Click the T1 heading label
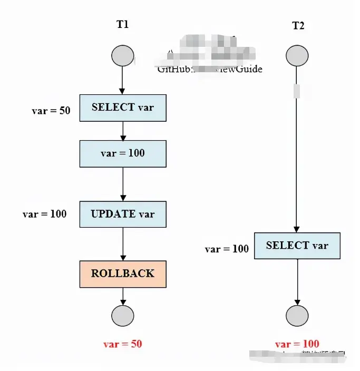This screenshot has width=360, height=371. point(122,24)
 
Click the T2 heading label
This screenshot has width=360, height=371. point(298,26)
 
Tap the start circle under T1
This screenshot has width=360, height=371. point(123,55)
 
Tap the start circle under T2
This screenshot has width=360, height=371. point(297,55)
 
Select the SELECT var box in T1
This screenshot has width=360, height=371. point(123,108)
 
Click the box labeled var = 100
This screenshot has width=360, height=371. point(123,153)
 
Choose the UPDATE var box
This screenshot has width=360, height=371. point(123,214)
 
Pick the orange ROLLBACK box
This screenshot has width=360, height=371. point(123,274)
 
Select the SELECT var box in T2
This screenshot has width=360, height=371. point(297,246)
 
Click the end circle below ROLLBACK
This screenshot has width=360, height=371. point(123,316)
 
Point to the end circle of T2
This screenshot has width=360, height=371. point(297,316)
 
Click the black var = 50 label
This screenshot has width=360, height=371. point(51,111)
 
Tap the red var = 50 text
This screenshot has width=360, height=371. point(122,344)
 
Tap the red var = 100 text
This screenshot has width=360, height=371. point(297,344)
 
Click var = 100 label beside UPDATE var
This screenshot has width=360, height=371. point(44,214)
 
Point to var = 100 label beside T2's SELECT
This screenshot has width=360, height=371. point(227,249)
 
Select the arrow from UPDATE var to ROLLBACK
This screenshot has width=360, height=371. point(123,244)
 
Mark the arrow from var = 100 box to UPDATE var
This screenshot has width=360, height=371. point(123,184)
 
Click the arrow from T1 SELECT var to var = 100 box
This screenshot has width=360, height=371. point(123,131)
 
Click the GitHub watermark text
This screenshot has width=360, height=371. point(209,69)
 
